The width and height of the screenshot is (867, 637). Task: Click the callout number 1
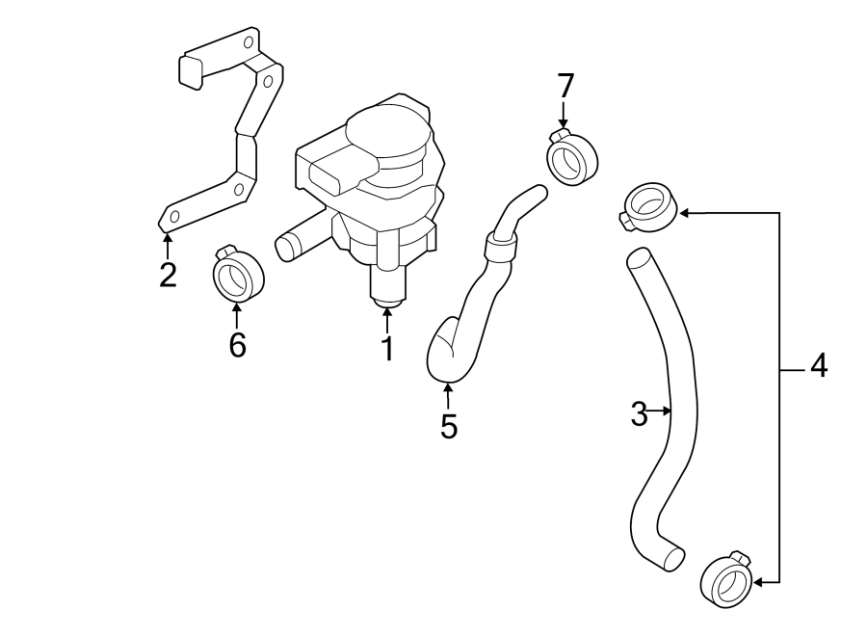[387, 349]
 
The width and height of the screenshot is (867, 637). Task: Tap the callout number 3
[639, 414]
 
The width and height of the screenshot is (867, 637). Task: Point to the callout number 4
[817, 366]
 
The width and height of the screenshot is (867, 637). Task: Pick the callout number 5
[448, 425]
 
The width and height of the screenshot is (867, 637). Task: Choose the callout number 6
[237, 344]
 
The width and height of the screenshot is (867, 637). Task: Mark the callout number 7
[565, 87]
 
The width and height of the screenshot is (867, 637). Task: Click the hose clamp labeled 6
[235, 276]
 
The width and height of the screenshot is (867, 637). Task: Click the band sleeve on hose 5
[502, 248]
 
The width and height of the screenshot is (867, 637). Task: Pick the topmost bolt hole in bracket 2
[249, 42]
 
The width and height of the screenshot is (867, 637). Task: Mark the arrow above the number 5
[448, 393]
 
